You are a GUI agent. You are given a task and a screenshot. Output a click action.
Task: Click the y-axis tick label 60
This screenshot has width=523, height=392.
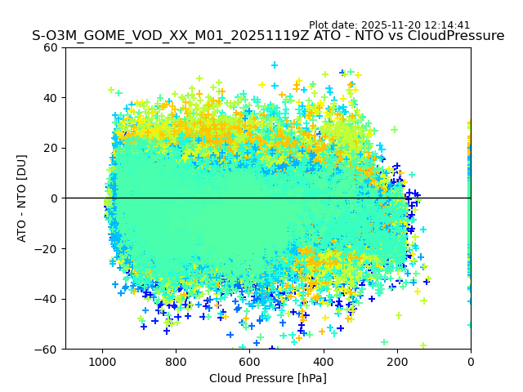(51, 47)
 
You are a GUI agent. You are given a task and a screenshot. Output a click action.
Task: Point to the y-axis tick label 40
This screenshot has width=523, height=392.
(51, 98)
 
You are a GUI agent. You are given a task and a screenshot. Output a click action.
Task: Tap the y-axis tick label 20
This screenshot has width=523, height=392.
(51, 148)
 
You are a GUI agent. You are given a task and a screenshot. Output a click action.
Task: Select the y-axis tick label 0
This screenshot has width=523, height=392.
(55, 198)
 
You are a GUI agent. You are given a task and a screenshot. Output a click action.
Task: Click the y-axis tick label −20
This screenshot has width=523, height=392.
(48, 249)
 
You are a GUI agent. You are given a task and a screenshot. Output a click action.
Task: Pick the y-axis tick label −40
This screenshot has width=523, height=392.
(48, 299)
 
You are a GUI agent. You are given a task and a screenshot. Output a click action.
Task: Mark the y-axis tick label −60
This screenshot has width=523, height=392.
(48, 350)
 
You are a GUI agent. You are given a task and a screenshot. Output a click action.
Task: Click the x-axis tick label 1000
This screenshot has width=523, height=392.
(102, 361)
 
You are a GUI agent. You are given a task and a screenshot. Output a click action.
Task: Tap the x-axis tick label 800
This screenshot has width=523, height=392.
(176, 361)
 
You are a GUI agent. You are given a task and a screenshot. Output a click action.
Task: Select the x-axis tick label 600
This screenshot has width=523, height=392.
(249, 361)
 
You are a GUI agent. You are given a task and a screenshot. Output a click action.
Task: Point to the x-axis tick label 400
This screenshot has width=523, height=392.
(323, 361)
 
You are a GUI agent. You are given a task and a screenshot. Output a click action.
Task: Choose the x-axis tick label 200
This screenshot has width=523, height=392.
(397, 361)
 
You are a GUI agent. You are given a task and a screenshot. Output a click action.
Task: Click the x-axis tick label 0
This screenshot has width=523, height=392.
(471, 361)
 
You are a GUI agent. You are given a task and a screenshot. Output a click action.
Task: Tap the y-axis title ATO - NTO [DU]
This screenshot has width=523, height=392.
(23, 198)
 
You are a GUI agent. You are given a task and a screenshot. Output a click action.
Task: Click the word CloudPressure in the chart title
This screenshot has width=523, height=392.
(456, 36)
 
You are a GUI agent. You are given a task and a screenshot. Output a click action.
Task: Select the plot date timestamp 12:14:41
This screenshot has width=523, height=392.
(448, 25)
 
